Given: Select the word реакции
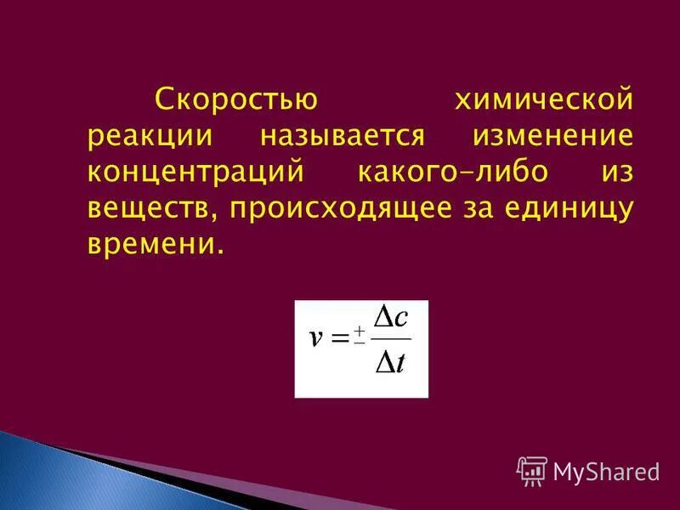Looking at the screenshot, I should click(149, 138).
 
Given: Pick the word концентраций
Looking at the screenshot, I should click(195, 173).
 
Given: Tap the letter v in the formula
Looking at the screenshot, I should click(315, 338).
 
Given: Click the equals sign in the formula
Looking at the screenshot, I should click(339, 338).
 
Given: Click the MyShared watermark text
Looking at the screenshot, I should click(606, 471).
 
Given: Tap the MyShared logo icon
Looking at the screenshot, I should click(531, 471).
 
